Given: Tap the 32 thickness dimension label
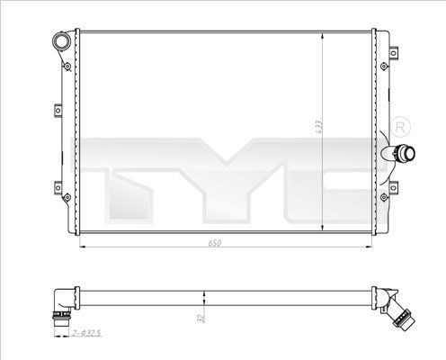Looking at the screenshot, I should tap(201, 318).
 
